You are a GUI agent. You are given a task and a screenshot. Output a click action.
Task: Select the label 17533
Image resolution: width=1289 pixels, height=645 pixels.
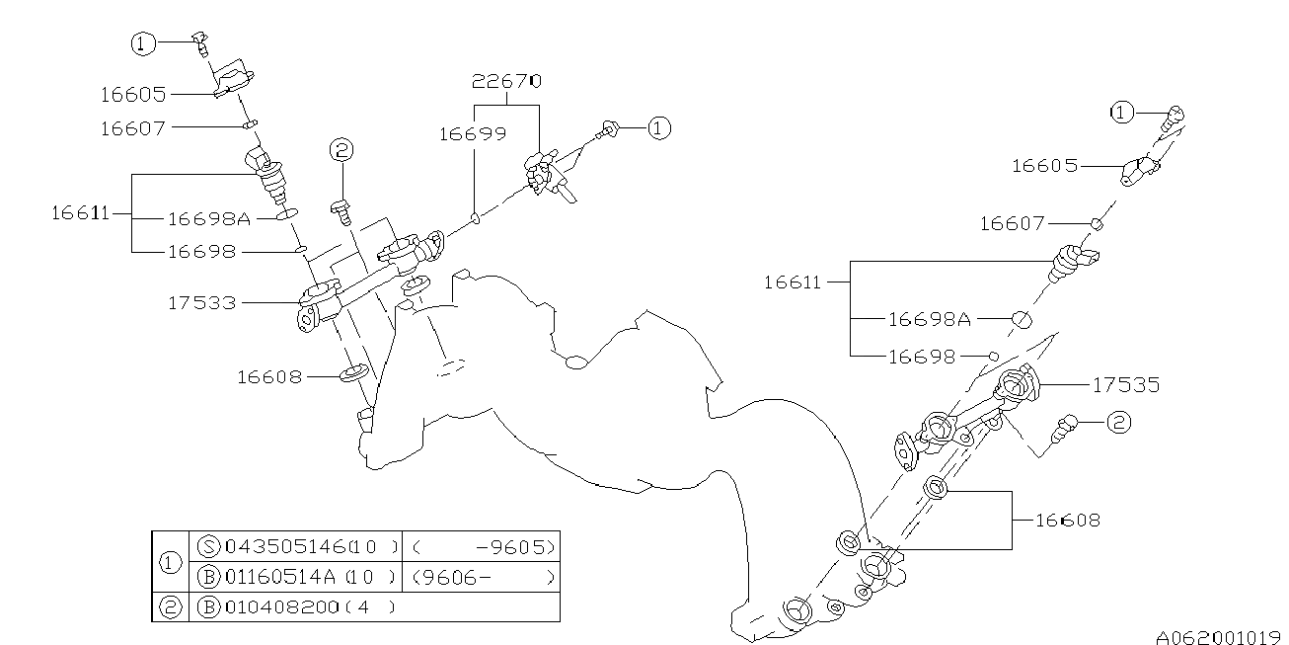click(201, 302)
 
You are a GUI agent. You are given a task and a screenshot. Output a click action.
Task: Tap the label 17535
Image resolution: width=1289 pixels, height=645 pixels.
click(1125, 384)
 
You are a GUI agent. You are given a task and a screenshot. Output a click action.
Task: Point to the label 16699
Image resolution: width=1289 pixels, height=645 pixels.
click(473, 133)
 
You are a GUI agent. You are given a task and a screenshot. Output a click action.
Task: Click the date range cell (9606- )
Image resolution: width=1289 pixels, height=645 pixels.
click(483, 576)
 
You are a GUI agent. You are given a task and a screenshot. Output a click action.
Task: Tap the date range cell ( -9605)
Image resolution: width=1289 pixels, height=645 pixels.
click(483, 546)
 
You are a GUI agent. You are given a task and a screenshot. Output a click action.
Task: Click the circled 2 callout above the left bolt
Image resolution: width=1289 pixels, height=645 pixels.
click(341, 150)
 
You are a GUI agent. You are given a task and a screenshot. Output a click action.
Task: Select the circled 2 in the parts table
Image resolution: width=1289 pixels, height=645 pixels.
click(170, 606)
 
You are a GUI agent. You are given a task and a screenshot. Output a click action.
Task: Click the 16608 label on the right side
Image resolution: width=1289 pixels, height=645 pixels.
click(1067, 519)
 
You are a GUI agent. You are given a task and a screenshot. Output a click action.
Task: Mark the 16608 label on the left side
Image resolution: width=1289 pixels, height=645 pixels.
click(269, 375)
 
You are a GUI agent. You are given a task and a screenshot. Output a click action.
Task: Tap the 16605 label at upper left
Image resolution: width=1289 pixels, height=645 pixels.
click(132, 94)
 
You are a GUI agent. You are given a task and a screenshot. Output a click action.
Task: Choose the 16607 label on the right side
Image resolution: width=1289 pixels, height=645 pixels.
click(1012, 224)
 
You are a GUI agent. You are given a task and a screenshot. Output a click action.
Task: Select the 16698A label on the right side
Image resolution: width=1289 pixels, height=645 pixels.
click(930, 318)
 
